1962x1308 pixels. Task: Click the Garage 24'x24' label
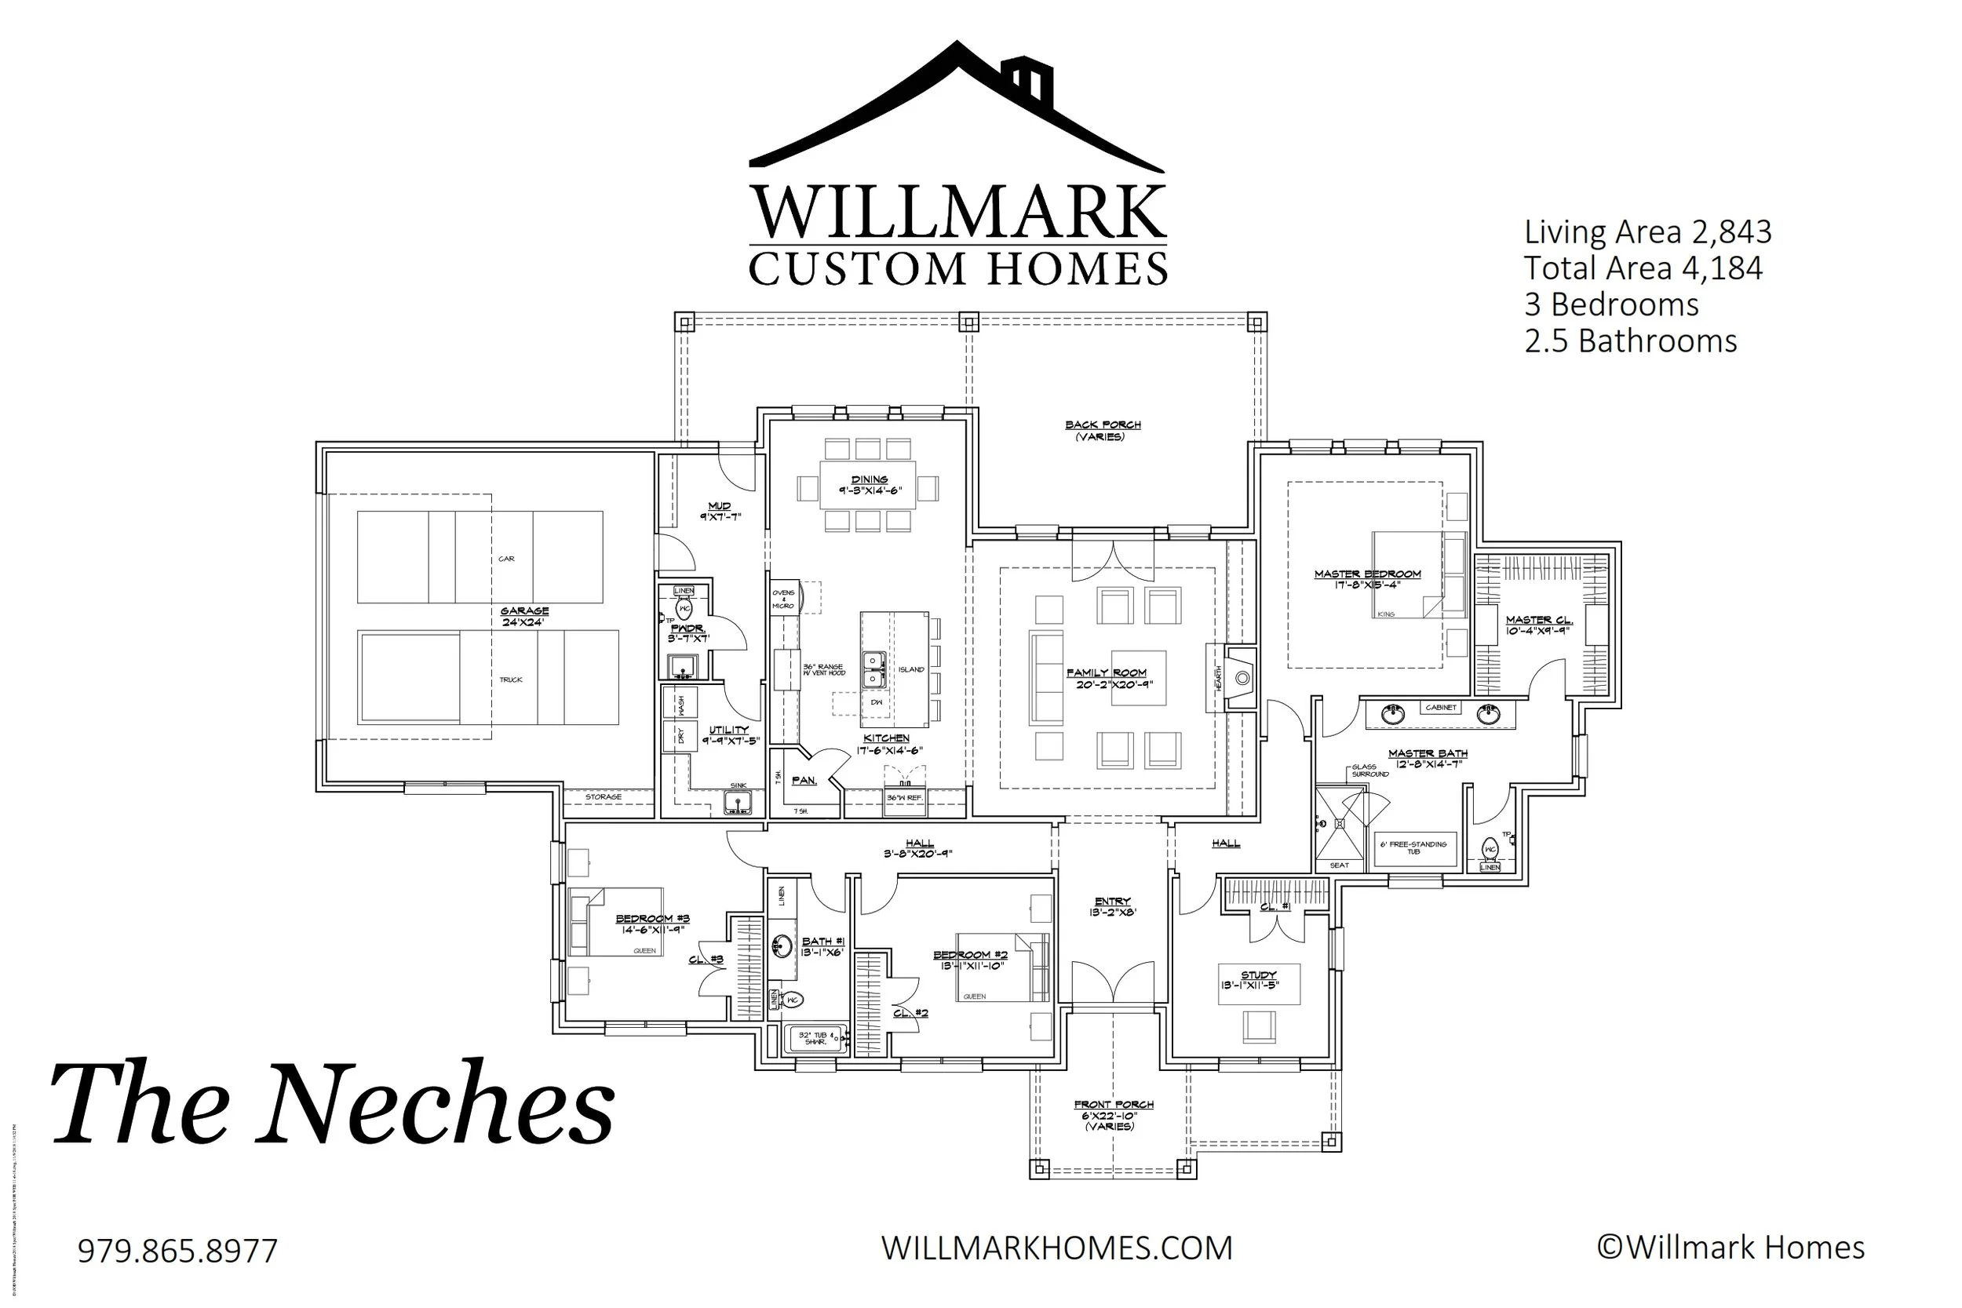coord(525,617)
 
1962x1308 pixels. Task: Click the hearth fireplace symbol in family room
coord(1242,678)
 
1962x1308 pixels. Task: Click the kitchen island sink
coord(873,670)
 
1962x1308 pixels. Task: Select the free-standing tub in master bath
coord(1415,849)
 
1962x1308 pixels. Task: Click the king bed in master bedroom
coord(1410,575)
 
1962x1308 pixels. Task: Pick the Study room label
coord(1258,975)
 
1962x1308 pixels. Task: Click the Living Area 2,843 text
coord(1647,232)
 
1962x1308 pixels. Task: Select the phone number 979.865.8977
coord(177,1252)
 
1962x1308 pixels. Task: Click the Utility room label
coord(728,731)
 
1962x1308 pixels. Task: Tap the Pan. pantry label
coord(804,781)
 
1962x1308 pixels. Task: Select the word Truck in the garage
coord(511,680)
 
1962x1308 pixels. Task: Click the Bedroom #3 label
coord(652,920)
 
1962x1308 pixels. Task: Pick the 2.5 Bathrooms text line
coord(1630,341)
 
